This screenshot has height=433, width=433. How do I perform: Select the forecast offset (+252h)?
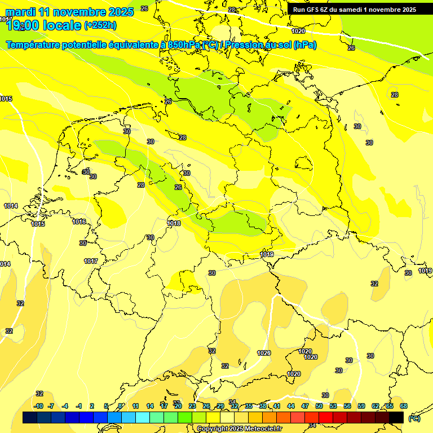[100, 25]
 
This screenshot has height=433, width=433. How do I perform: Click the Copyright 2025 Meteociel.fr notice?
[240, 429]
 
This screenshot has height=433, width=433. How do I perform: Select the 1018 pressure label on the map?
[174, 224]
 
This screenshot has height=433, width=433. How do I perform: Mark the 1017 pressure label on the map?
[91, 261]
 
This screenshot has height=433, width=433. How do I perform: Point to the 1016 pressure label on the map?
[79, 222]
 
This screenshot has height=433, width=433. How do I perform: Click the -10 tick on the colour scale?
[38, 406]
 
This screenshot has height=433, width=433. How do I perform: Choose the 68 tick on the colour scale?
[404, 406]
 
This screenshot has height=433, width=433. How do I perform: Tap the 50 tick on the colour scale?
[319, 406]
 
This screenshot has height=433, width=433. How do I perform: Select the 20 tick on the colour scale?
[178, 406]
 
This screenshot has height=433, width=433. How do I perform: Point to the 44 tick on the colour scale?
[291, 406]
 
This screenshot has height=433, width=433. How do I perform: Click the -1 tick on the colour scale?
[79, 406]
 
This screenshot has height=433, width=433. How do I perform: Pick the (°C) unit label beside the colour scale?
[414, 418]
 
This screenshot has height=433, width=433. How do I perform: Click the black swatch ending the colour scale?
[396, 417]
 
